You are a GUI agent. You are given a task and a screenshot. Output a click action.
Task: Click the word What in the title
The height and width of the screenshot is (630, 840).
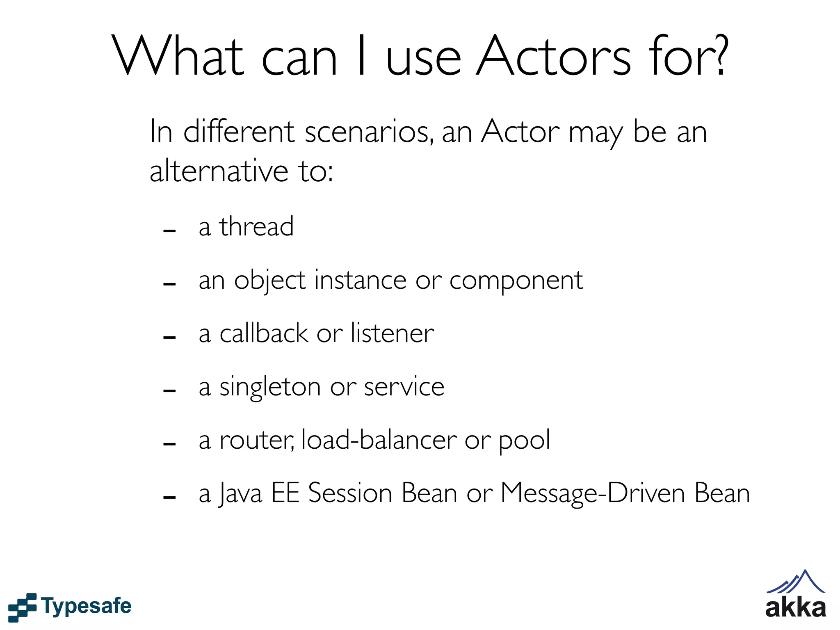(x=179, y=56)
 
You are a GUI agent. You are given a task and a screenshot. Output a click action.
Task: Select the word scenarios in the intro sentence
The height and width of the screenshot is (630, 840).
(x=368, y=132)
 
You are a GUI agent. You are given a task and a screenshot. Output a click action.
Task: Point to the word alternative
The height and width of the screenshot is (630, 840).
(x=219, y=171)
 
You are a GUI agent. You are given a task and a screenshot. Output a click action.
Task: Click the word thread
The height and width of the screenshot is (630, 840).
(x=256, y=226)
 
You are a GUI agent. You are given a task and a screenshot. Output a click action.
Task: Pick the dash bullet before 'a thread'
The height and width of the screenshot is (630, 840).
(x=169, y=231)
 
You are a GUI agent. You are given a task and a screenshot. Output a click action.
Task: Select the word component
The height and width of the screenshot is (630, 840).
(x=516, y=281)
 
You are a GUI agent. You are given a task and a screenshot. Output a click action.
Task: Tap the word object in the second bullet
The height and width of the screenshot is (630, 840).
(x=269, y=281)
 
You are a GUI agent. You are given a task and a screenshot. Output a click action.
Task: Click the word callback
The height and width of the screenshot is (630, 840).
(x=264, y=333)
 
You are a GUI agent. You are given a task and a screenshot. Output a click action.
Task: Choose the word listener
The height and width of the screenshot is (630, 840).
(x=393, y=333)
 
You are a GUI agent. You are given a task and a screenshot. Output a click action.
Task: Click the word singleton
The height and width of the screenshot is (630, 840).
(x=270, y=387)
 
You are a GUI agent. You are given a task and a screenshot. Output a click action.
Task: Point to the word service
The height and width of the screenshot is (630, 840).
(x=404, y=387)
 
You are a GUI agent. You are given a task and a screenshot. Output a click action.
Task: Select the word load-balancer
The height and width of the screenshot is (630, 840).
(x=379, y=440)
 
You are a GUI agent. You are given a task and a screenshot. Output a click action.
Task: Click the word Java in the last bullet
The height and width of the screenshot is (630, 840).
(x=240, y=493)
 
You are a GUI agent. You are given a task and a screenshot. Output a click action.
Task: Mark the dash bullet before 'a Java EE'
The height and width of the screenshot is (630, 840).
(x=169, y=498)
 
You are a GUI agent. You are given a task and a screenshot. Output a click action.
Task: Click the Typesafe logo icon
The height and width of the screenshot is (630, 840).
(x=23, y=607)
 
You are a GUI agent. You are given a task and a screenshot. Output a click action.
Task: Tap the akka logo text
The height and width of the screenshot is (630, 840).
(x=795, y=607)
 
